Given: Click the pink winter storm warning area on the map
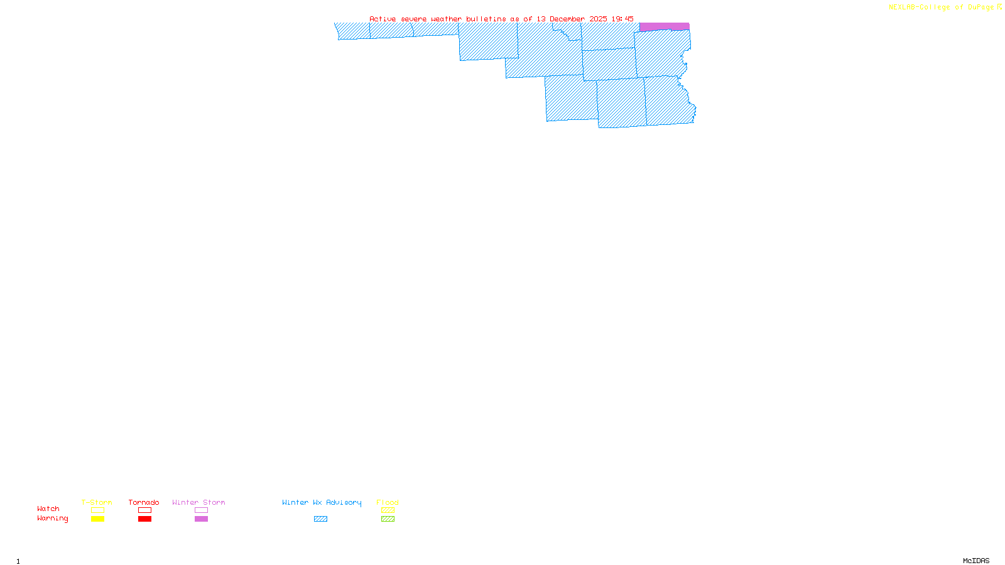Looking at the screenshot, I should pyautogui.click(x=664, y=26).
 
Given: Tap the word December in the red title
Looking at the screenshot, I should pyautogui.click(x=567, y=19).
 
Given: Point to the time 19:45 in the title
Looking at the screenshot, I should pyautogui.click(x=622, y=19).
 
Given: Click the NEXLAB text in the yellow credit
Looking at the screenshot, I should pyautogui.click(x=903, y=8).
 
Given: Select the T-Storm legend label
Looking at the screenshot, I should pyautogui.click(x=97, y=502).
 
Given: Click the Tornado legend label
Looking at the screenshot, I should pyautogui.click(x=144, y=502).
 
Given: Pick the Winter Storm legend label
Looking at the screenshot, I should pyautogui.click(x=198, y=502).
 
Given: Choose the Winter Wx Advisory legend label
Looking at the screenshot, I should pyautogui.click(x=322, y=502).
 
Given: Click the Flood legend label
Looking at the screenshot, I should pyautogui.click(x=388, y=502).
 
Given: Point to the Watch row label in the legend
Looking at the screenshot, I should pyautogui.click(x=48, y=508).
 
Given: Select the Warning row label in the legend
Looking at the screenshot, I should pyautogui.click(x=53, y=519).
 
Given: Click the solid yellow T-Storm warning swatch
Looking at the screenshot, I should pyautogui.click(x=97, y=519).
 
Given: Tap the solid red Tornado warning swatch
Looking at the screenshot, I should pyautogui.click(x=144, y=519).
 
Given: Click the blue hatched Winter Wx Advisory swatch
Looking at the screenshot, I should pyautogui.click(x=320, y=519).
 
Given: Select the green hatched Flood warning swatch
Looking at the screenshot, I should pyautogui.click(x=388, y=519).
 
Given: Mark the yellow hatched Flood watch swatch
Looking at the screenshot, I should pyautogui.click(x=388, y=510).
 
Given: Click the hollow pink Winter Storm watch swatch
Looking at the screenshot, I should pyautogui.click(x=201, y=510).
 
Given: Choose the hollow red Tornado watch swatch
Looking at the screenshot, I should pyautogui.click(x=144, y=510).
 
